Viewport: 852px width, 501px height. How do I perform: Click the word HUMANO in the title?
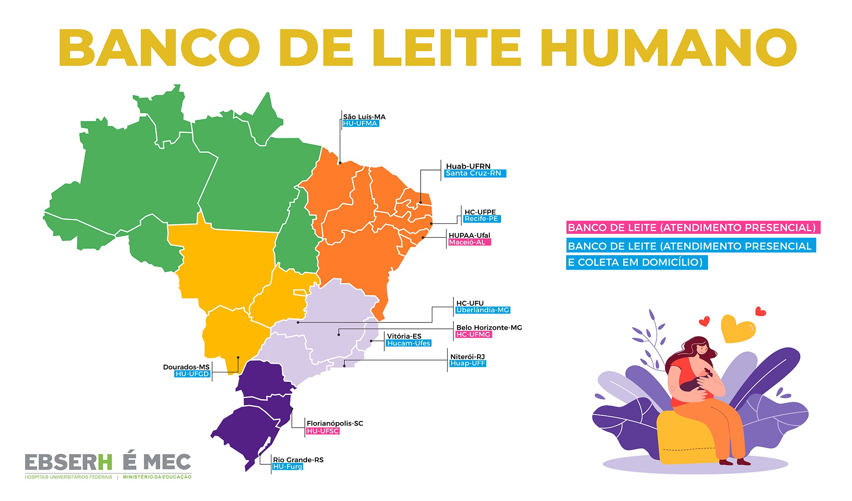pyautogui.click(x=670, y=48)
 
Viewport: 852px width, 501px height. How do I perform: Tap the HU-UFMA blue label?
pyautogui.click(x=360, y=124)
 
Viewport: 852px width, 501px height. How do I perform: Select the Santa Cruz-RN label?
pyautogui.click(x=475, y=173)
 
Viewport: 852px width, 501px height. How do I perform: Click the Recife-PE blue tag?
pyautogui.click(x=481, y=219)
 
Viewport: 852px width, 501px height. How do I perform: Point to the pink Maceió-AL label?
pyautogui.click(x=469, y=242)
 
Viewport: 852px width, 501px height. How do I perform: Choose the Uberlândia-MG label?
pyautogui.click(x=483, y=310)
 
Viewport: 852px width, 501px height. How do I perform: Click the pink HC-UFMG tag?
pyautogui.click(x=473, y=335)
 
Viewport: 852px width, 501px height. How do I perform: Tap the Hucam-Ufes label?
pyautogui.click(x=409, y=343)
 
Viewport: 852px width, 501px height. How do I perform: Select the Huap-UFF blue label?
pyautogui.click(x=468, y=363)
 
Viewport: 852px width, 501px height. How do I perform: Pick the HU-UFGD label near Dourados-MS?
pyautogui.click(x=193, y=374)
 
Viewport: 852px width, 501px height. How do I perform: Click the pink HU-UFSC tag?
pyautogui.click(x=322, y=431)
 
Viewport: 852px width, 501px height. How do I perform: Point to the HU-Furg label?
pyautogui.click(x=288, y=467)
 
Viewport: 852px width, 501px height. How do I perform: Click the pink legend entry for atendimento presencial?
pyautogui.click(x=692, y=227)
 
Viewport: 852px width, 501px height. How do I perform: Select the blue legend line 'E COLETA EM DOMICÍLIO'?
pyautogui.click(x=636, y=262)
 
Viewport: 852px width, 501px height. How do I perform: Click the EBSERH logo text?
pyautogui.click(x=68, y=463)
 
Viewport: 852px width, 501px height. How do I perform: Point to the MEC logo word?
pyautogui.click(x=167, y=463)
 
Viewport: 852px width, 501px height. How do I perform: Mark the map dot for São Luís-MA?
pyautogui.click(x=340, y=163)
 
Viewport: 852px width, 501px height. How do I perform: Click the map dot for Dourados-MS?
pyautogui.click(x=238, y=357)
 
